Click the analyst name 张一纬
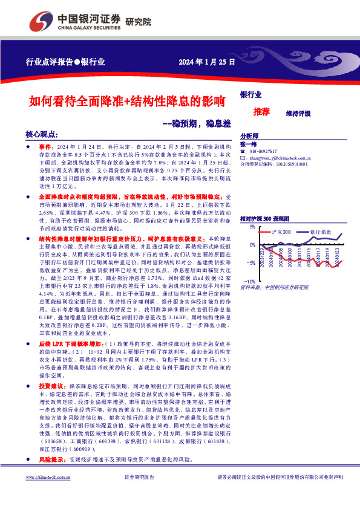click(248, 144)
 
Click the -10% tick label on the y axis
click(249, 282)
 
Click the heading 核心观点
click(42, 135)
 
